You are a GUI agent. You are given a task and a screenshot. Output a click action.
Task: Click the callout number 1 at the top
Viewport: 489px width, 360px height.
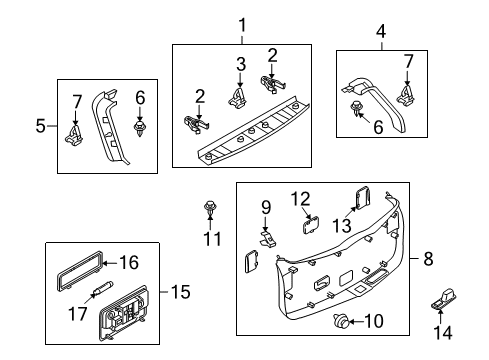[242, 25]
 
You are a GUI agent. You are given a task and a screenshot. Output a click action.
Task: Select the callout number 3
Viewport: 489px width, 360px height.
[241, 64]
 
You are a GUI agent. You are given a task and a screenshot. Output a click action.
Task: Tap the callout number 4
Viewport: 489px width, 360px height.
[381, 32]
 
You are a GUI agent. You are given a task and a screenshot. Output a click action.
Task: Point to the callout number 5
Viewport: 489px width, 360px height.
[40, 126]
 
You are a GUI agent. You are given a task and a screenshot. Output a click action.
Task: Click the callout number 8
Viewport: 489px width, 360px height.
[428, 258]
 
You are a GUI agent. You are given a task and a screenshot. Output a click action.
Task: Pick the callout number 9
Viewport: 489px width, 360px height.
[266, 207]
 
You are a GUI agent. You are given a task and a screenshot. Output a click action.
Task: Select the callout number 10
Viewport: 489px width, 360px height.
[374, 321]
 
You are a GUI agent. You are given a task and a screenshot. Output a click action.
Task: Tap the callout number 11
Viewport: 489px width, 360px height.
[212, 239]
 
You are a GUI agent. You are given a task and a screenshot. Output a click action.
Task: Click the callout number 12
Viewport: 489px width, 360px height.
[301, 199]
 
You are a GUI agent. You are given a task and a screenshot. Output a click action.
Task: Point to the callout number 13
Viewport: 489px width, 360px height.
[342, 226]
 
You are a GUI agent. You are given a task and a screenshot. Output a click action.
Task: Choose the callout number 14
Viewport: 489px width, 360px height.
[443, 332]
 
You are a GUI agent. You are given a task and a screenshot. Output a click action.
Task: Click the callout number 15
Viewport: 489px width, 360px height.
[181, 292]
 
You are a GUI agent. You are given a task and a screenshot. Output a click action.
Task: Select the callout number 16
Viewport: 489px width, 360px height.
[129, 262]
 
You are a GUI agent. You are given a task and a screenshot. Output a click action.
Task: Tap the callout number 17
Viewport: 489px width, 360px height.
[78, 314]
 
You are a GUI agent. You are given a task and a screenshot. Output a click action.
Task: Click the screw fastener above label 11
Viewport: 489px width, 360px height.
[210, 207]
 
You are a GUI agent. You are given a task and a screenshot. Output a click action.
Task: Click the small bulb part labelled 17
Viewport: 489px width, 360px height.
[103, 288]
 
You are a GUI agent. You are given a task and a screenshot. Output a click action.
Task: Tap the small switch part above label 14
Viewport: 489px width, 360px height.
[443, 298]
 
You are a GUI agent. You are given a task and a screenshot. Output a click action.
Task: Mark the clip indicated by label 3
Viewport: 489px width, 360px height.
[238, 98]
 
